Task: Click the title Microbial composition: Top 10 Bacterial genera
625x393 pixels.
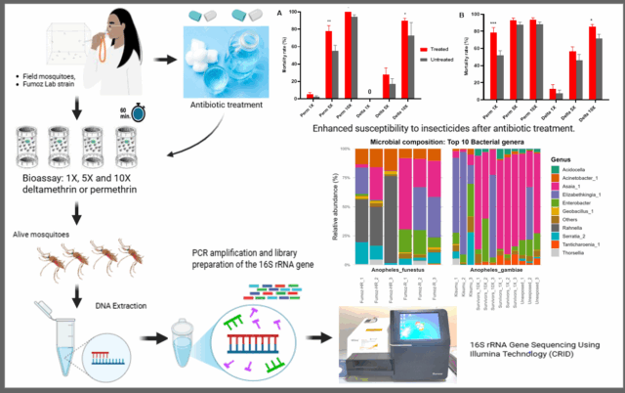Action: [447, 142]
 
